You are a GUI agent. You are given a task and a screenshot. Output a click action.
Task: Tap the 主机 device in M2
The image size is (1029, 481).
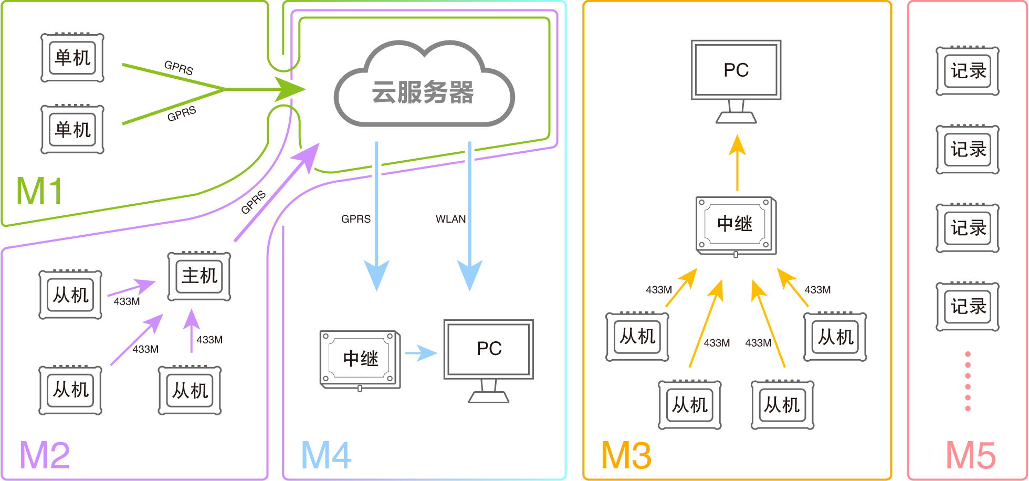coord(199,276)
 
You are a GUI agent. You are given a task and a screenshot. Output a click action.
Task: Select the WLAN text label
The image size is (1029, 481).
coord(450,219)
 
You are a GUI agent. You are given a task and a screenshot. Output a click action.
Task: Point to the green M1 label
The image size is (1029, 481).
coord(40,191)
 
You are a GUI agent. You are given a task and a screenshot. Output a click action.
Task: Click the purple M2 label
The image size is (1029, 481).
coord(45,455)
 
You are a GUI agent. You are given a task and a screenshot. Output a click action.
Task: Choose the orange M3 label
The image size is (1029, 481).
coord(626,455)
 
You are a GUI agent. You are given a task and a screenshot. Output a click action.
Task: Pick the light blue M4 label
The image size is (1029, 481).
coord(326,455)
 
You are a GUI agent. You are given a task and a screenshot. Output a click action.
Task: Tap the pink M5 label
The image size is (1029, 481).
coord(970,455)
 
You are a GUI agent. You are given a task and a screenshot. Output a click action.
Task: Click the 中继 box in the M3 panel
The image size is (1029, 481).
coord(736,225)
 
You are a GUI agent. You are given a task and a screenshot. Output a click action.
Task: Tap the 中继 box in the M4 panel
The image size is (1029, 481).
coord(360,359)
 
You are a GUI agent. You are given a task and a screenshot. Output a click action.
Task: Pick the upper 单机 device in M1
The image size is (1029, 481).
coord(72,58)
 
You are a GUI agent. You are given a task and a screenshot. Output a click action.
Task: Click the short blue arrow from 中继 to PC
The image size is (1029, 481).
coord(421,353)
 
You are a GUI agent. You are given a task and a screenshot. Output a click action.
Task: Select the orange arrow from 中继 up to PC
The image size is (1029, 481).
coord(737,163)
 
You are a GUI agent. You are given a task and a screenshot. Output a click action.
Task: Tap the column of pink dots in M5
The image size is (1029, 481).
coord(968,381)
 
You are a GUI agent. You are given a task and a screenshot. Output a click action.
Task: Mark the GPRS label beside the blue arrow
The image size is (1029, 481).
coord(355,219)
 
